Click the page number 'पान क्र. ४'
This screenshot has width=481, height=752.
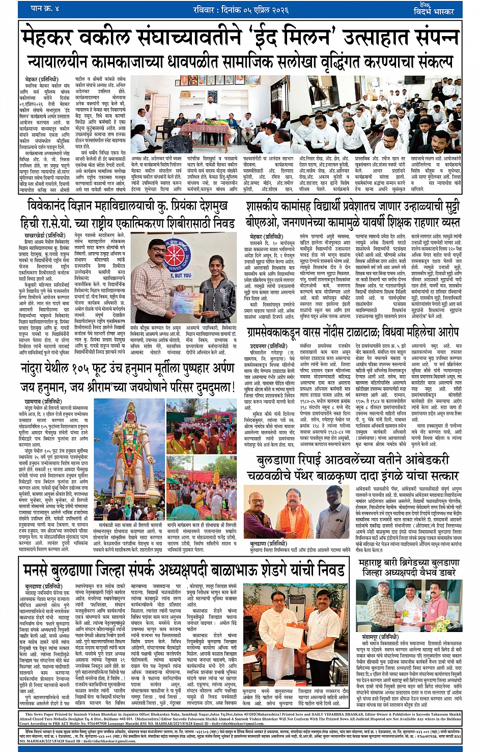click(45, 8)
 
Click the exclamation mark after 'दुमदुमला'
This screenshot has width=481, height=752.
click(234, 386)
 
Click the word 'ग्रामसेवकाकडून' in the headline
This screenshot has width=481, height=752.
click(277, 332)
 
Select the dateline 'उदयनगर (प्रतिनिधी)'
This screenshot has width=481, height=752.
click(266, 346)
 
